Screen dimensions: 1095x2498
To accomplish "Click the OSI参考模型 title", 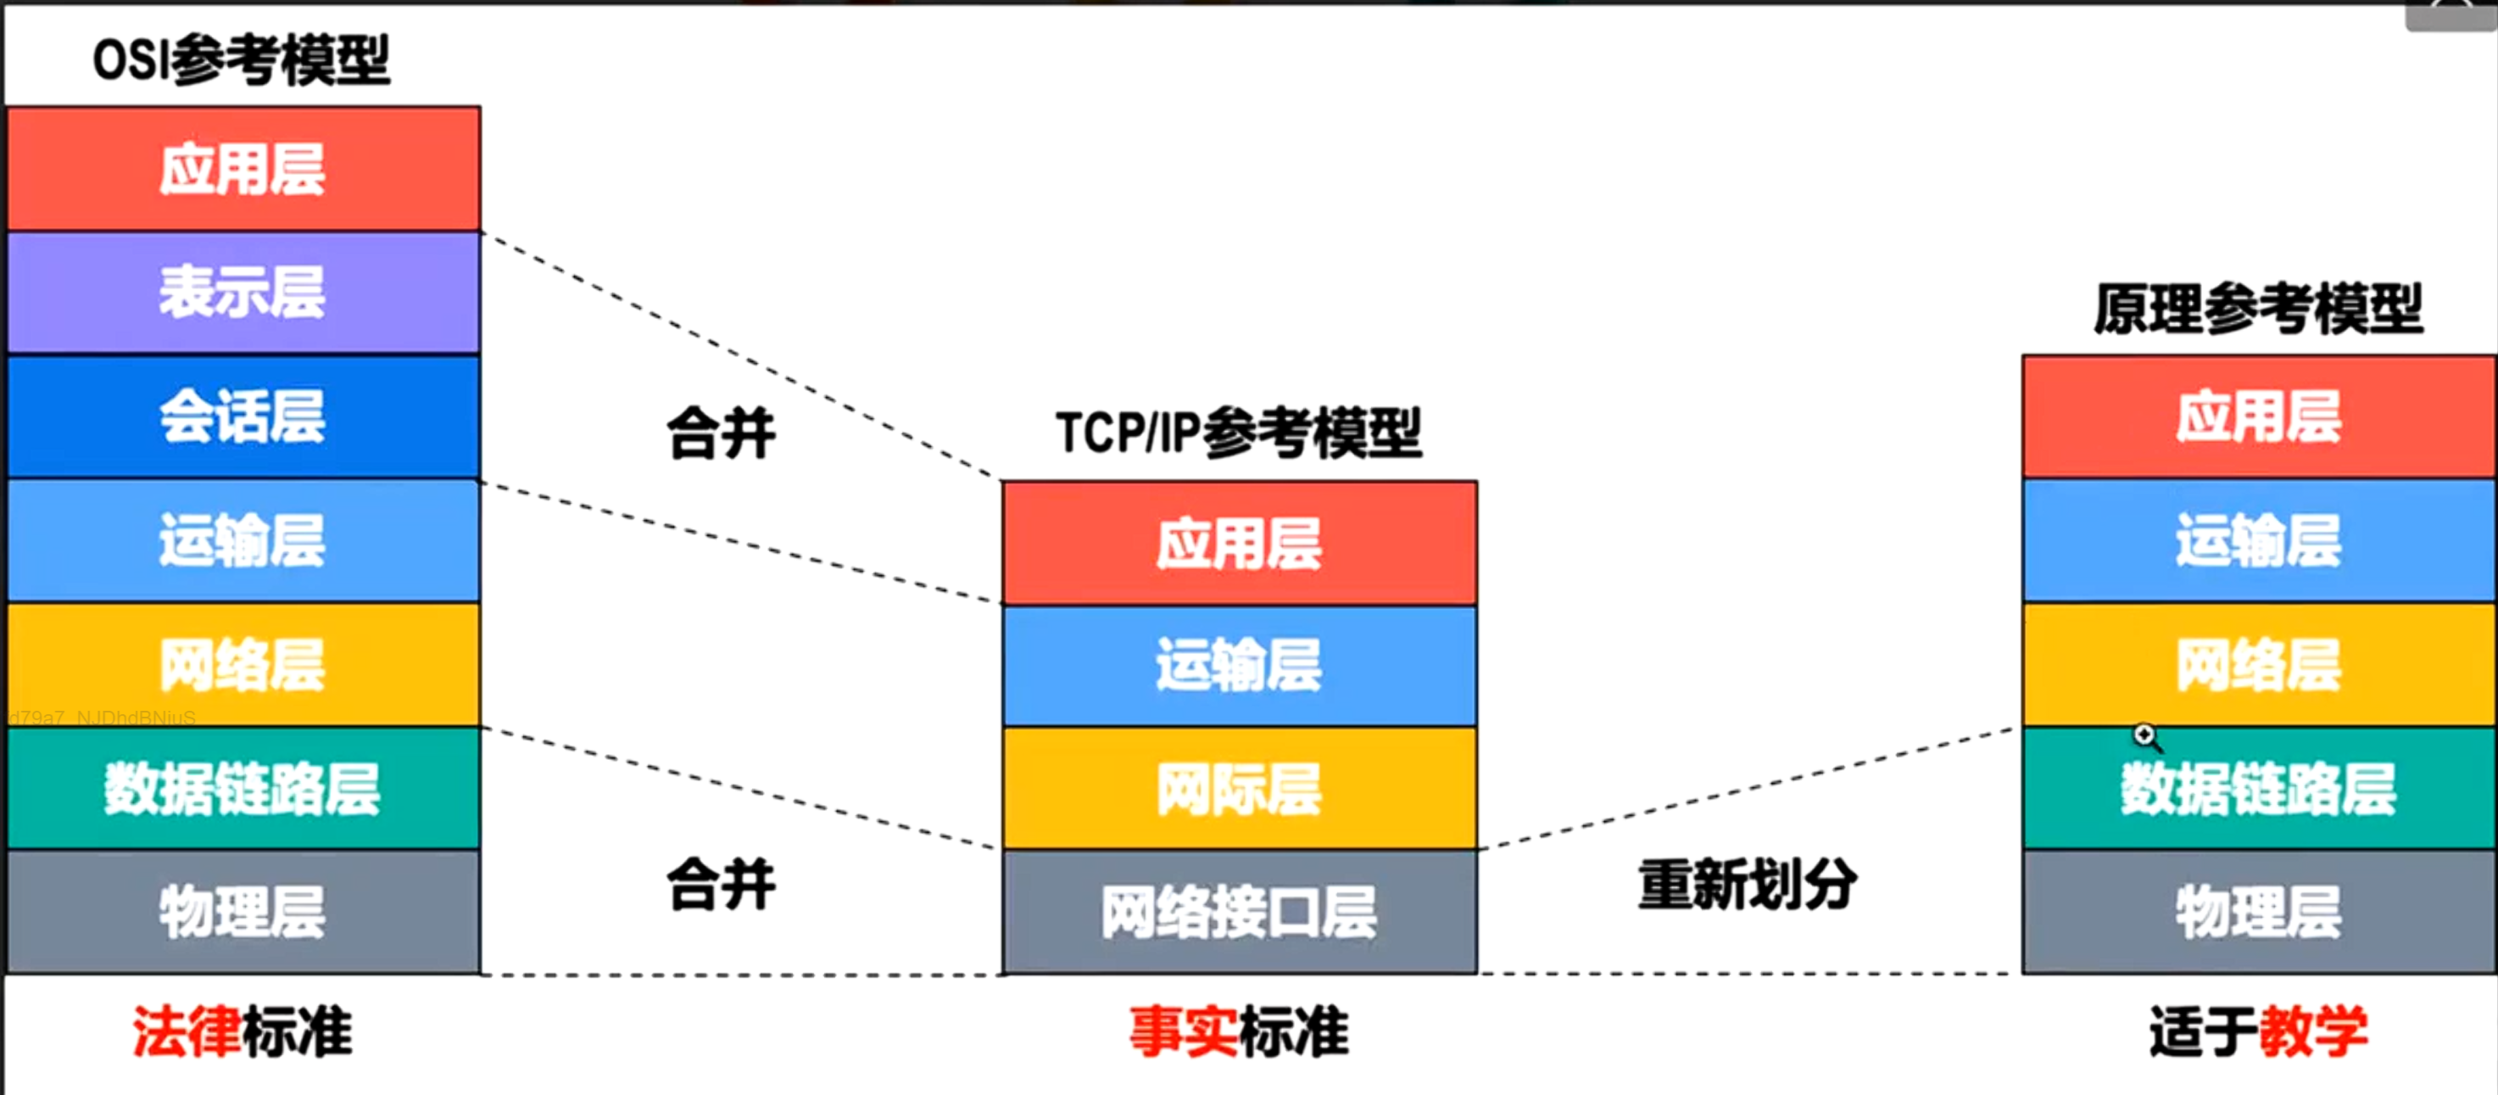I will [x=242, y=60].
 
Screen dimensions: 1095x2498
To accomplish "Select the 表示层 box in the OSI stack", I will [x=243, y=292].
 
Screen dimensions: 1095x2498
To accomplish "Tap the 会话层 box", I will [x=243, y=417].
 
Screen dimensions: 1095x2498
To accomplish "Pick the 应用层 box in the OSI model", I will [x=243, y=169].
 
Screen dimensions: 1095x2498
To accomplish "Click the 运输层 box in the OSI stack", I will [x=243, y=540].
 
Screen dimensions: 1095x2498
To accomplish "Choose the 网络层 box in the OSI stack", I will [x=243, y=665].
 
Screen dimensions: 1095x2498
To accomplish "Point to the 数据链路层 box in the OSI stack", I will [x=243, y=789].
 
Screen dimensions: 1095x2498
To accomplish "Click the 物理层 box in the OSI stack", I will [x=243, y=912].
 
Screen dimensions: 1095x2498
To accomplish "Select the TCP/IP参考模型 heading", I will [x=1238, y=433].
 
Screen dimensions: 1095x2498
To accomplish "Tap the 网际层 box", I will [x=1240, y=789].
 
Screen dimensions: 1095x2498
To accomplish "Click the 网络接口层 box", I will [x=1240, y=912].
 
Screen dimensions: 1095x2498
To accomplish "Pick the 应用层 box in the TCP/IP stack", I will [x=1240, y=543].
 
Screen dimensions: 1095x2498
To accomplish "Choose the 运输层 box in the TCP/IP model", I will [x=1240, y=665].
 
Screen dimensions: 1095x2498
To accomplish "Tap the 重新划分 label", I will [x=1748, y=885].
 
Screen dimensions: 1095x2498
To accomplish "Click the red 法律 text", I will [x=187, y=1031].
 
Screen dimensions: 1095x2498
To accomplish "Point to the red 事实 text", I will [x=1182, y=1031].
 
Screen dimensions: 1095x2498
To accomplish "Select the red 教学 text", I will [x=2313, y=1031].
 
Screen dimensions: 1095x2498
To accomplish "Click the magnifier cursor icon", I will [x=2145, y=736].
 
